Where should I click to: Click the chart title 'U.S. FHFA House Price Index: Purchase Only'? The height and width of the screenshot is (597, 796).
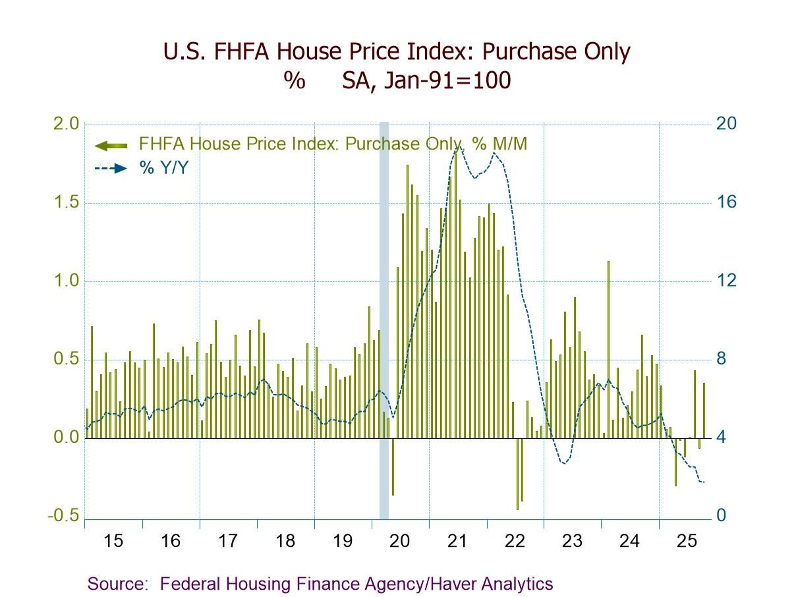pyautogui.click(x=397, y=51)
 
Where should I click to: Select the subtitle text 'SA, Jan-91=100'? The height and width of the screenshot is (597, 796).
pyautogui.click(x=426, y=80)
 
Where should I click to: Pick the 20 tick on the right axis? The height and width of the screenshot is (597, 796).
pyautogui.click(x=727, y=125)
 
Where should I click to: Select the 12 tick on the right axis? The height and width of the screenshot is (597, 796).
pyautogui.click(x=727, y=281)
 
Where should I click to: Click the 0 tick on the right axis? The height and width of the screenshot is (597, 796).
pyautogui.click(x=723, y=516)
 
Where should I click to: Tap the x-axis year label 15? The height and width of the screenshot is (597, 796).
pyautogui.click(x=113, y=542)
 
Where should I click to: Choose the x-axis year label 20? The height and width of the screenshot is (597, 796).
pyautogui.click(x=400, y=542)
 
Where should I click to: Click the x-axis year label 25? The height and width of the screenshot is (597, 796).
pyautogui.click(x=687, y=542)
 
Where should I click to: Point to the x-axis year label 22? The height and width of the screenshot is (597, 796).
pyautogui.click(x=515, y=542)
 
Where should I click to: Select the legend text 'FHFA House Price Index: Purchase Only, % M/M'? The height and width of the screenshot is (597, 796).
pyautogui.click(x=333, y=144)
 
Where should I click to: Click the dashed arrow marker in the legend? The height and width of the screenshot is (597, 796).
pyautogui.click(x=111, y=168)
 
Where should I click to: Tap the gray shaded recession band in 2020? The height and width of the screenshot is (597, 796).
pyautogui.click(x=384, y=316)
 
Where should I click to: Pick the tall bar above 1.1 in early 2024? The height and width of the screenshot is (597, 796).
pyautogui.click(x=608, y=349)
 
